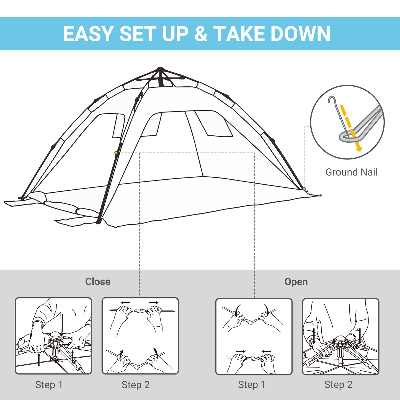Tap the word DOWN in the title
pyautogui.click(x=300, y=34)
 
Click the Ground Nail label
pyautogui.click(x=351, y=172)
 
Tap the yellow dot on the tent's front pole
pyautogui.click(x=116, y=153)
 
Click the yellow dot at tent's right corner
pyautogui.click(x=304, y=189)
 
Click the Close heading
pyautogui.click(x=98, y=282)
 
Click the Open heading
pyautogui.click(x=296, y=282)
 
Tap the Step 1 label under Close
pyautogui.click(x=49, y=385)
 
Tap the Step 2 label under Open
pyautogui.click(x=338, y=384)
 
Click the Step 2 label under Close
pyautogui.click(x=136, y=385)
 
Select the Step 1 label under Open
pyautogui.click(x=252, y=384)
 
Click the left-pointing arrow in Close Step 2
pyautogui.click(x=125, y=303)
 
